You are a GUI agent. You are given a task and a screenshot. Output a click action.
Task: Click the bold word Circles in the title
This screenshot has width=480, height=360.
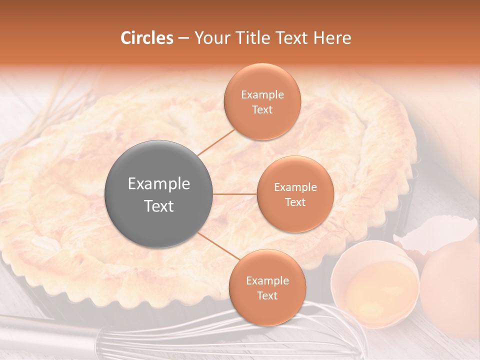(147, 38)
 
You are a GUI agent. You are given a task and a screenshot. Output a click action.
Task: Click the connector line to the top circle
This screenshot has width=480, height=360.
(216, 142)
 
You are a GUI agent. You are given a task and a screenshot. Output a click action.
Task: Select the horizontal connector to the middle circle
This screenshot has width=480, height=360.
(235, 194)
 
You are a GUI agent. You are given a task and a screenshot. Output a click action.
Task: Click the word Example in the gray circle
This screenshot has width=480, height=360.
(159, 184)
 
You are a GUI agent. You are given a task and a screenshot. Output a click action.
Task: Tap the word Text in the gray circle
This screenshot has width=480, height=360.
(159, 206)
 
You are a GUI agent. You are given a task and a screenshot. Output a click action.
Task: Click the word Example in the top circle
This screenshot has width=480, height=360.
(262, 95)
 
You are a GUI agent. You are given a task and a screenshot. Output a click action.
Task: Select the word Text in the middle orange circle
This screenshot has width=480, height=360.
(295, 202)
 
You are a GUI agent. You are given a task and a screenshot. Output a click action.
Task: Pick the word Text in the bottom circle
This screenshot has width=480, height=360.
(267, 295)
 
